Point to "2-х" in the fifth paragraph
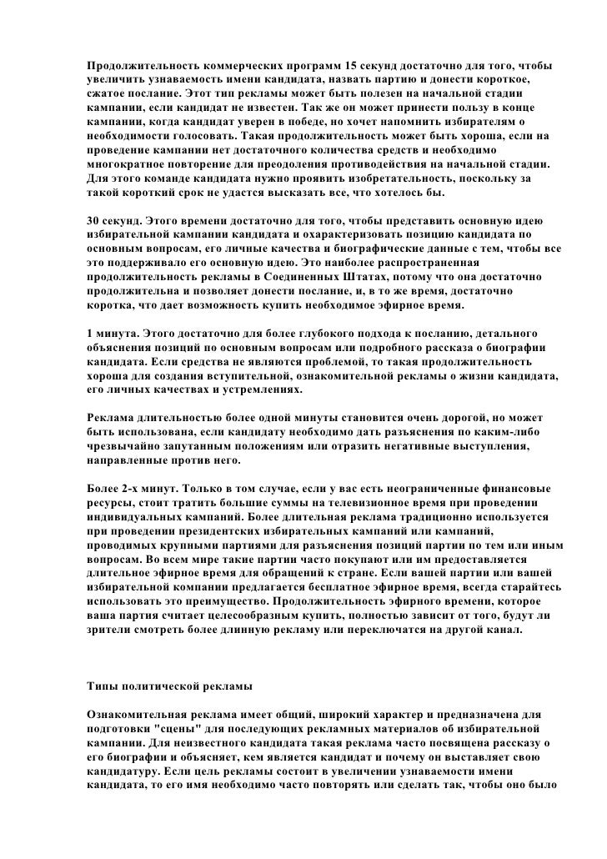[138, 486]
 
